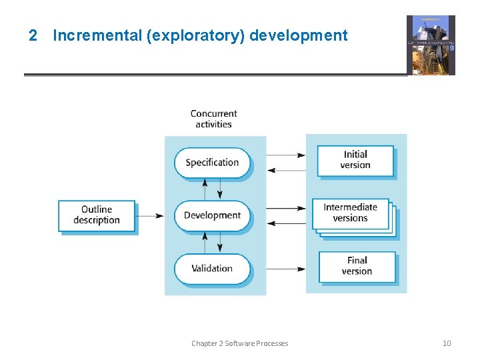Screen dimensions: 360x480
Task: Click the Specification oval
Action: pos(212,163)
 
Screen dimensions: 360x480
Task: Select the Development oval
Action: pos(212,215)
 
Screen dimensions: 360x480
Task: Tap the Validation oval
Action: pos(212,269)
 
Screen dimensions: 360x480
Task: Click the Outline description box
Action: pos(97,215)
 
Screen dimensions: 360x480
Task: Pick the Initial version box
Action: pos(355,160)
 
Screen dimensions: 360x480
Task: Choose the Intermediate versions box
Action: pos(351,213)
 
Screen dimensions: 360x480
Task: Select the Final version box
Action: pos(357,266)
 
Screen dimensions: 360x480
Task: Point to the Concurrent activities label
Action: pos(213,119)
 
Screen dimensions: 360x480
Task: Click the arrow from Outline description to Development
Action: pos(150,215)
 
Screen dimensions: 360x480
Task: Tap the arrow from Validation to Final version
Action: pos(285,269)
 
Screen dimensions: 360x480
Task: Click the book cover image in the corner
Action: pos(431,45)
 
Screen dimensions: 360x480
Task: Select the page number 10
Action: pos(447,343)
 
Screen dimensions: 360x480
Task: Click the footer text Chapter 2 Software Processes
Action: pos(240,343)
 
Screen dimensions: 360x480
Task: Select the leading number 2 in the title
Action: pos(33,35)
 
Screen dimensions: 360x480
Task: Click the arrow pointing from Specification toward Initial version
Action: pos(285,155)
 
